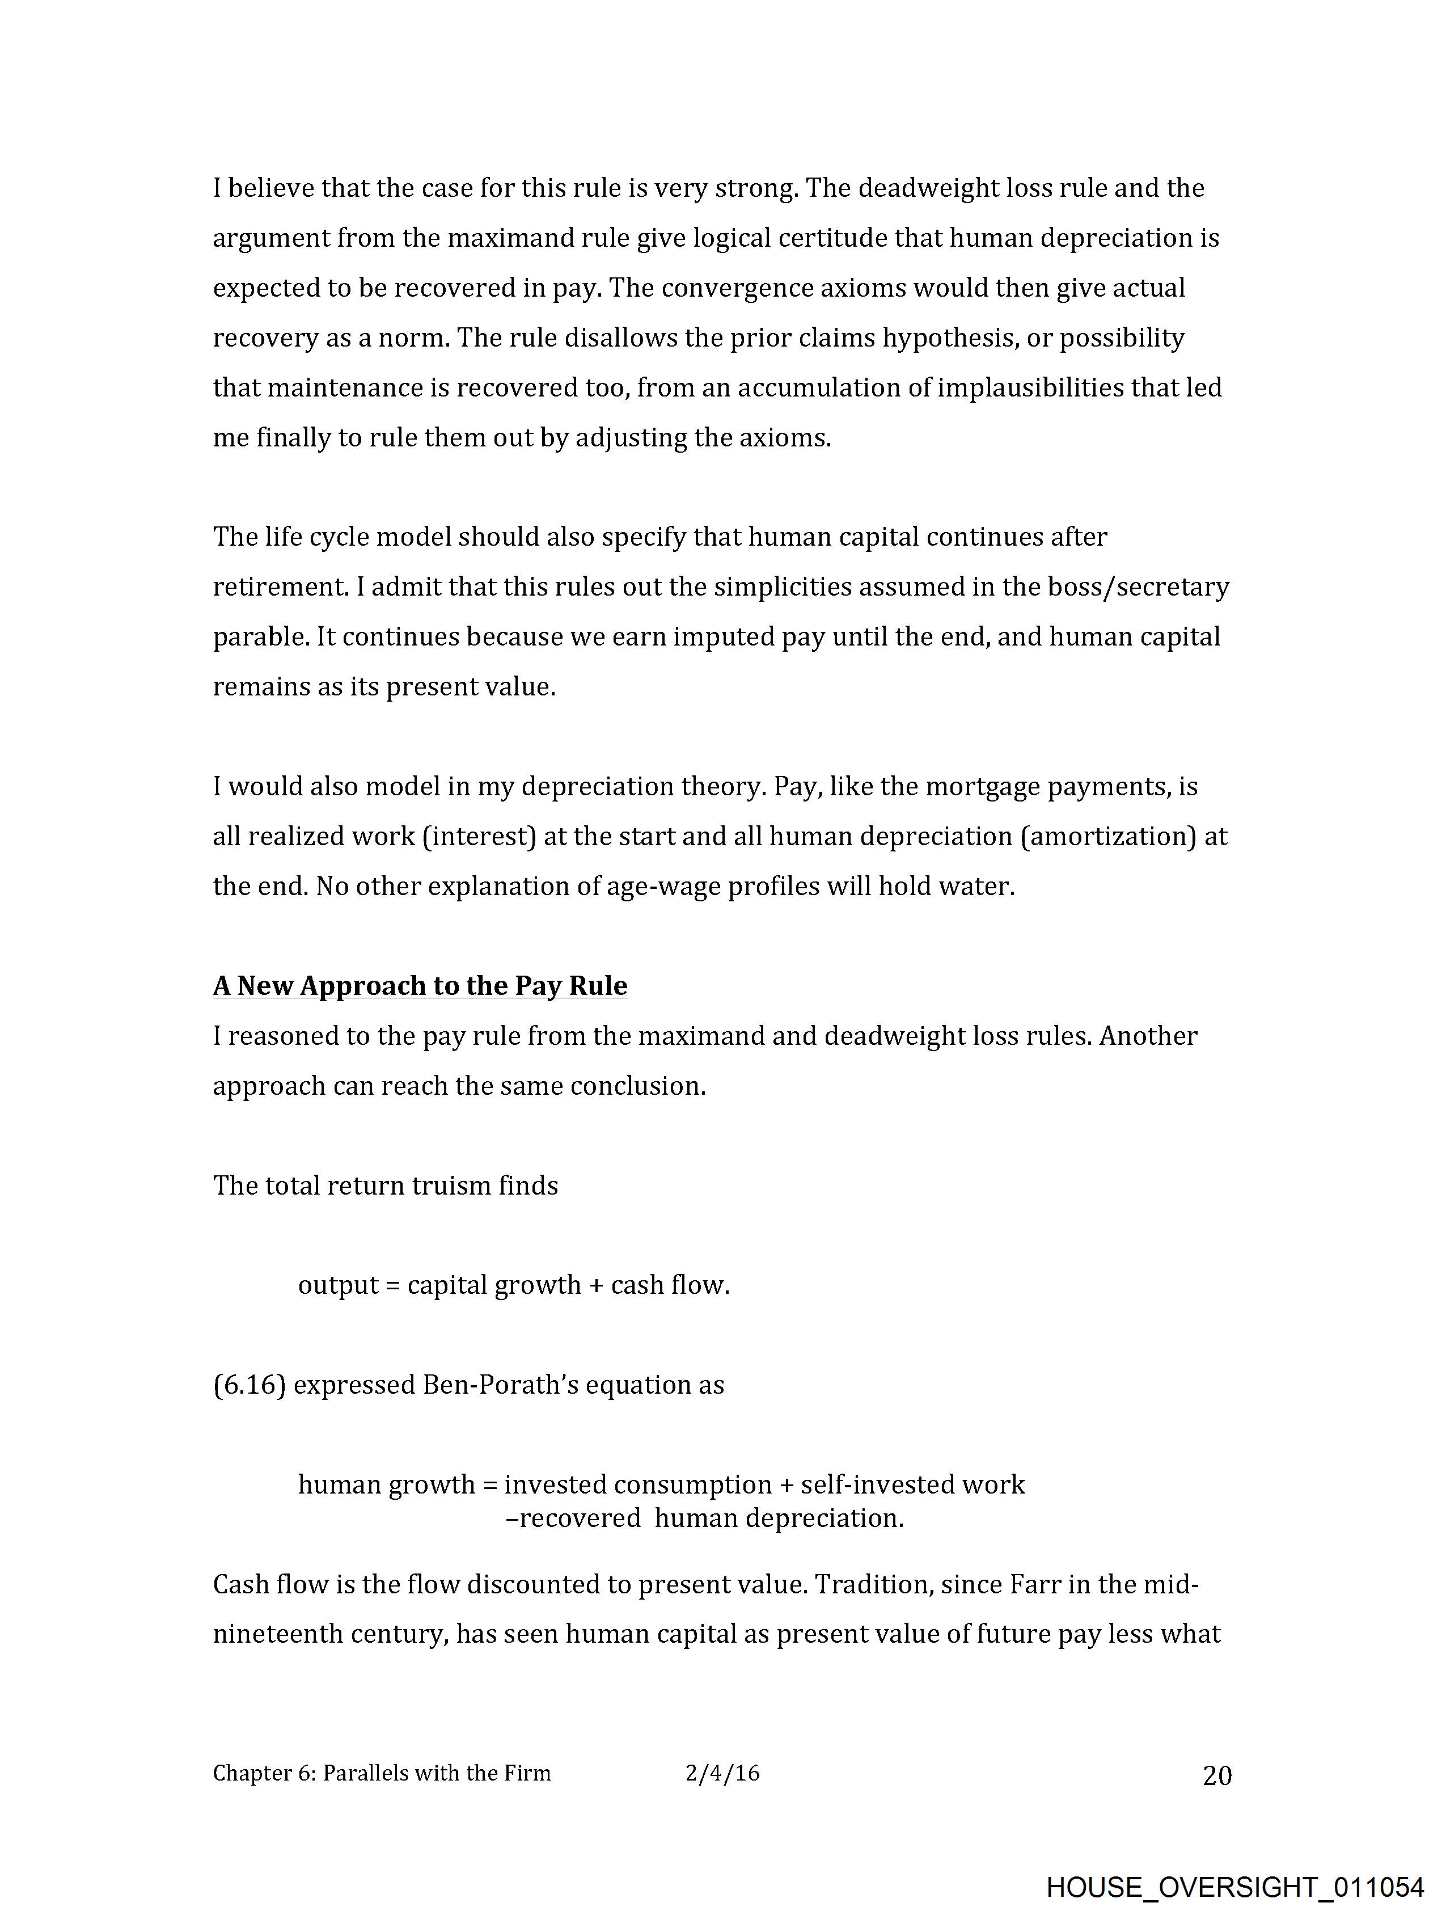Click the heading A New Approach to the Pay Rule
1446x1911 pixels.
pyautogui.click(x=420, y=986)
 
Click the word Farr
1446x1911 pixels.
pyautogui.click(x=1034, y=1584)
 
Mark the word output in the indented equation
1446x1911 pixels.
pyautogui.click(x=338, y=1285)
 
